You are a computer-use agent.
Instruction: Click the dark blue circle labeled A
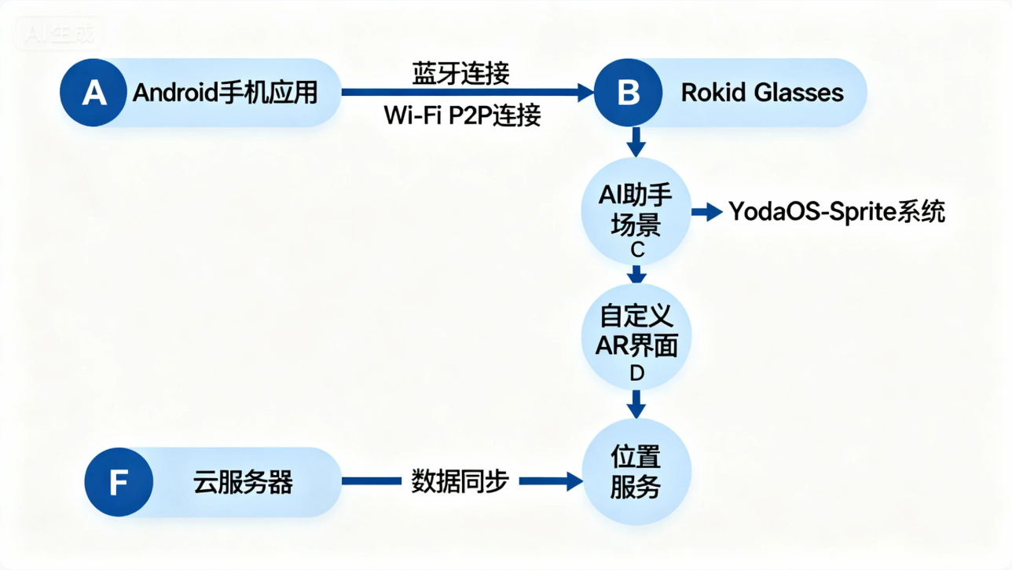(93, 93)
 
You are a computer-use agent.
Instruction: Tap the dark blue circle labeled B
(628, 93)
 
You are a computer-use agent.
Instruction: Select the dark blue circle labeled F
(118, 481)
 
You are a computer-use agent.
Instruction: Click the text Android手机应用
(225, 93)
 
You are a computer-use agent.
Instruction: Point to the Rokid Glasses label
(761, 93)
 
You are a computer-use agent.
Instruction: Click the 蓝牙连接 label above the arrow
(461, 74)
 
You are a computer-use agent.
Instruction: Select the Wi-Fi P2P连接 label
(462, 115)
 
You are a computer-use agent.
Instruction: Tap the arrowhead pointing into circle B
(585, 93)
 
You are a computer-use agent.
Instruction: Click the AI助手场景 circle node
(636, 210)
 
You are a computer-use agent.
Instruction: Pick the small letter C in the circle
(637, 250)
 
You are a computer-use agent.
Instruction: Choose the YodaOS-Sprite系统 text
(836, 211)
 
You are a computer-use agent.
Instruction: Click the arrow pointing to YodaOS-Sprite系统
(708, 211)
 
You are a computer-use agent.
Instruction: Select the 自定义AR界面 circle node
(636, 334)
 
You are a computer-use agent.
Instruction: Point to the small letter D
(637, 374)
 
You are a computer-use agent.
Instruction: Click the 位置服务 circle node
(636, 472)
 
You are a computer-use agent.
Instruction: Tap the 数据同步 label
(460, 481)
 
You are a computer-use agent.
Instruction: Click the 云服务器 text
(243, 481)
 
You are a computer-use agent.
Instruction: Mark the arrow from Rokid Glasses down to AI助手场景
(637, 143)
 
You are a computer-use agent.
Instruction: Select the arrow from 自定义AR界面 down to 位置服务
(637, 404)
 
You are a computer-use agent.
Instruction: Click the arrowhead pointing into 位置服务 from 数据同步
(574, 481)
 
